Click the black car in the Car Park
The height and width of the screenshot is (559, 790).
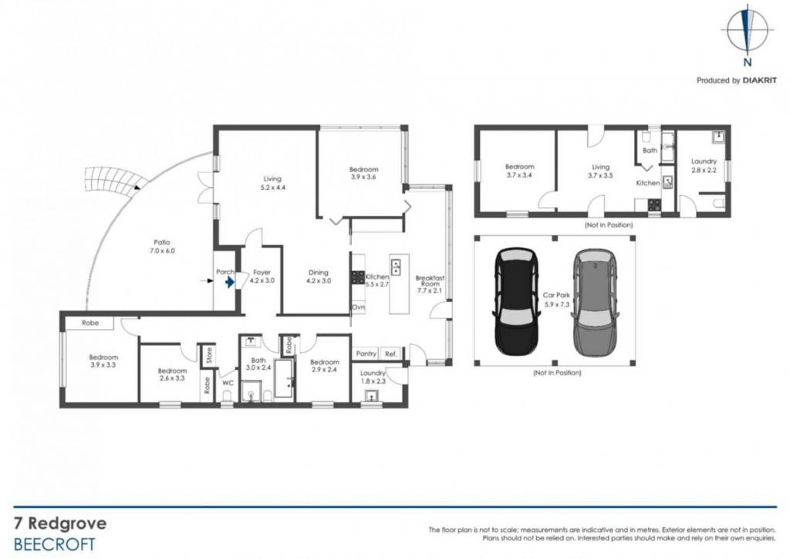pyautogui.click(x=517, y=302)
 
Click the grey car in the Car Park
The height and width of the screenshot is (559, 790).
pyautogui.click(x=595, y=302)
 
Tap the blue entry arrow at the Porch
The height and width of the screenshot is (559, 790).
pyautogui.click(x=229, y=283)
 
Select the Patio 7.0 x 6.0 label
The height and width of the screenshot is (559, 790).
pyautogui.click(x=162, y=246)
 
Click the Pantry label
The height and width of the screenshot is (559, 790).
pyautogui.click(x=366, y=354)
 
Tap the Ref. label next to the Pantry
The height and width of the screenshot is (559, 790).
pyautogui.click(x=391, y=354)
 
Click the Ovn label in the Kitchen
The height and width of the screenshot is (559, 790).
pyautogui.click(x=358, y=307)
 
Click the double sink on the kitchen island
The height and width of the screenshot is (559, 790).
pyautogui.click(x=396, y=266)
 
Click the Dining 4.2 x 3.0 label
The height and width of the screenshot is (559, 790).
pyautogui.click(x=319, y=276)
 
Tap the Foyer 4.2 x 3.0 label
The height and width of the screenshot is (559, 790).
pyautogui.click(x=262, y=276)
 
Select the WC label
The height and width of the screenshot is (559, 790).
pyautogui.click(x=228, y=383)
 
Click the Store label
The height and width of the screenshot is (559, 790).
pyautogui.click(x=208, y=356)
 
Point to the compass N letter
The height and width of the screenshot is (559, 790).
pyautogui.click(x=748, y=63)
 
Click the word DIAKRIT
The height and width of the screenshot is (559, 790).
pyautogui.click(x=760, y=80)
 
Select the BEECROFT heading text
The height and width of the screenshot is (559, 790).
pyautogui.click(x=55, y=545)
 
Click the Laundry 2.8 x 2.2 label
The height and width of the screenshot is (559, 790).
pyautogui.click(x=704, y=166)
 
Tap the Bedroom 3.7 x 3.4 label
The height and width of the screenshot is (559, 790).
pyautogui.click(x=519, y=171)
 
